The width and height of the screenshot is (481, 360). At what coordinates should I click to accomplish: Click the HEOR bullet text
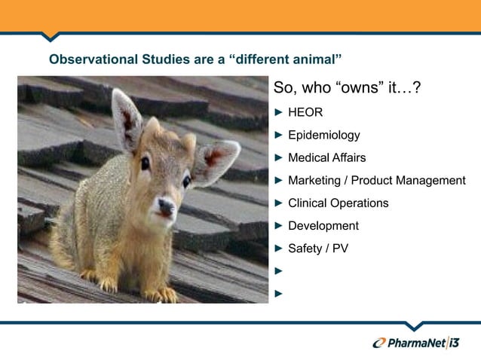(305, 113)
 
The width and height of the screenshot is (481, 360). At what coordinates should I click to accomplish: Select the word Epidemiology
(323, 136)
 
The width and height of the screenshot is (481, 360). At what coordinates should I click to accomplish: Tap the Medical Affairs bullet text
(326, 158)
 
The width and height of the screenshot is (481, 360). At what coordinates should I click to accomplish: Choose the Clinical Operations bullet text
(338, 203)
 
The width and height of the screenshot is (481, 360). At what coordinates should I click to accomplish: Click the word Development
(323, 226)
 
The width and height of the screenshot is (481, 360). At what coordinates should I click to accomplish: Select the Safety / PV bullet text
(317, 249)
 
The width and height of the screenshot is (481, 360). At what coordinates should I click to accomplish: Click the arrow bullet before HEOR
(278, 113)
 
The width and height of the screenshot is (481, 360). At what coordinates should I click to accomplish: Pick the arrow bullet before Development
(278, 226)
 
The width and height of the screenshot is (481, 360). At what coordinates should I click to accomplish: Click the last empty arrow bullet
(278, 292)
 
